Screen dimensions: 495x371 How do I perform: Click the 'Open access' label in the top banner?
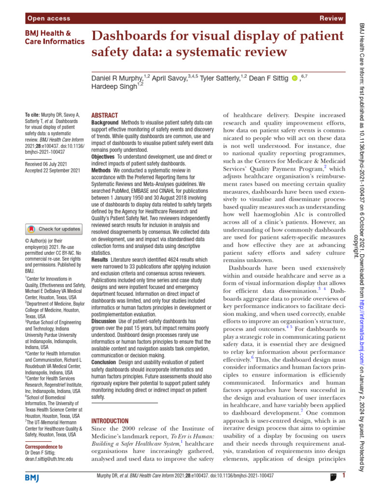pyautogui.click(x=49, y=18)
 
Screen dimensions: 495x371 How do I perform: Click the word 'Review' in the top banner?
pyautogui.click(x=331, y=18)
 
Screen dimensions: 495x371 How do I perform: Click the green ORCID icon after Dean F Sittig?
pyautogui.click(x=295, y=78)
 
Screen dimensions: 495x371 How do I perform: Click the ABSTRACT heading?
pyautogui.click(x=104, y=116)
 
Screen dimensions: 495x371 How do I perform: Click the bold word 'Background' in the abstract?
pyautogui.click(x=105, y=123)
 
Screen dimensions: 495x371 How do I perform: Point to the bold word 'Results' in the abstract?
pyautogui.click(x=100, y=260)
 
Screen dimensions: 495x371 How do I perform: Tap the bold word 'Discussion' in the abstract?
pyautogui.click(x=103, y=321)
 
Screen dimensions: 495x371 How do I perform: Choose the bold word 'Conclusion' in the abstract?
pyautogui.click(x=104, y=362)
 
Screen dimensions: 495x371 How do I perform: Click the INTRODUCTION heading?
pyautogui.click(x=110, y=421)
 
